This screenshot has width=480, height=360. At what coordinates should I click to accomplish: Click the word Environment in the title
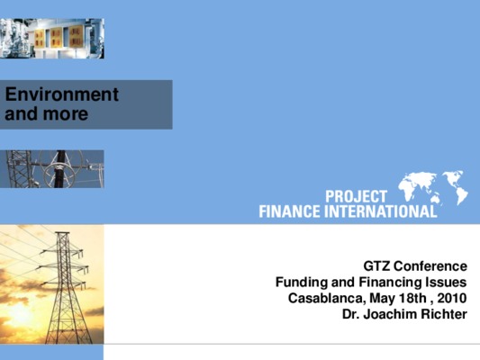pyautogui.click(x=62, y=94)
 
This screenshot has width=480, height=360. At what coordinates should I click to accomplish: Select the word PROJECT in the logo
pyautogui.click(x=357, y=196)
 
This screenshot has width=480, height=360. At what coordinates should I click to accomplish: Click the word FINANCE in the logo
pyautogui.click(x=290, y=211)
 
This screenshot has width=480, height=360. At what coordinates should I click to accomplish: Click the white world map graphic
pyautogui.click(x=433, y=187)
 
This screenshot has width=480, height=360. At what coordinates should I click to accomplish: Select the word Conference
pyautogui.click(x=430, y=266)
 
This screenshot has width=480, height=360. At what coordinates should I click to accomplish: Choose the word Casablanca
pyautogui.click(x=327, y=298)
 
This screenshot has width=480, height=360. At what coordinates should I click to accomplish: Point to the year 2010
pyautogui.click(x=452, y=298)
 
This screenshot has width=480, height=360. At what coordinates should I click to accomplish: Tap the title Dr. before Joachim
pyautogui.click(x=350, y=314)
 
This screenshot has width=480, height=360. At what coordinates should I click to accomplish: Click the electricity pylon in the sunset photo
pyautogui.click(x=64, y=286)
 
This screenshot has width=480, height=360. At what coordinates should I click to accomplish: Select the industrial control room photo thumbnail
pyautogui.click(x=52, y=38)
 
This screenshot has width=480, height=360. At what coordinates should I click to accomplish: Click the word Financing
pyautogui.click(x=390, y=283)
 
